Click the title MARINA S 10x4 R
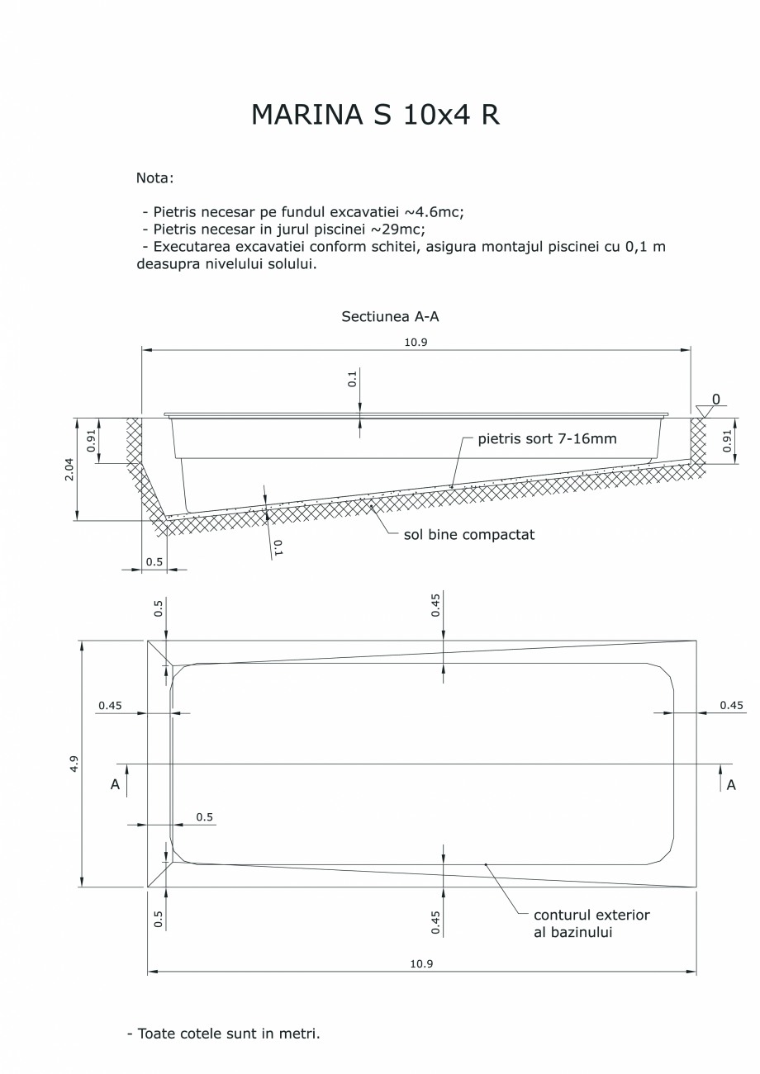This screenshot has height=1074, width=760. [375, 116]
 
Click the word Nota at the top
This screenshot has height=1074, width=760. [154, 177]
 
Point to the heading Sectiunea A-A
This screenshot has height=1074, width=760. [384, 316]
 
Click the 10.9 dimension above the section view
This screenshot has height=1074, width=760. [416, 342]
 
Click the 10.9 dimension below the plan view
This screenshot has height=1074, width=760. [421, 963]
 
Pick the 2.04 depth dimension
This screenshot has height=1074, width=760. [69, 468]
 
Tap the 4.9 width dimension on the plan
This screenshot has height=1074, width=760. [74, 764]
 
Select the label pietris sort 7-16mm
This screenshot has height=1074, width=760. [547, 438]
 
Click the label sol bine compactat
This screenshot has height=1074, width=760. [468, 534]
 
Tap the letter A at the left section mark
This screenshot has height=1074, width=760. [116, 785]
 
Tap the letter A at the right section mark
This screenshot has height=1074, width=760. [731, 785]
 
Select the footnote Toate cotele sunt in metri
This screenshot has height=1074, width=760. [223, 1033]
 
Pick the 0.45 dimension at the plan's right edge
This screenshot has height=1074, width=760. [731, 705]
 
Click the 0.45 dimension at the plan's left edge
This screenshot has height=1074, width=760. [110, 705]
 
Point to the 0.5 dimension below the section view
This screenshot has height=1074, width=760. [154, 561]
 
